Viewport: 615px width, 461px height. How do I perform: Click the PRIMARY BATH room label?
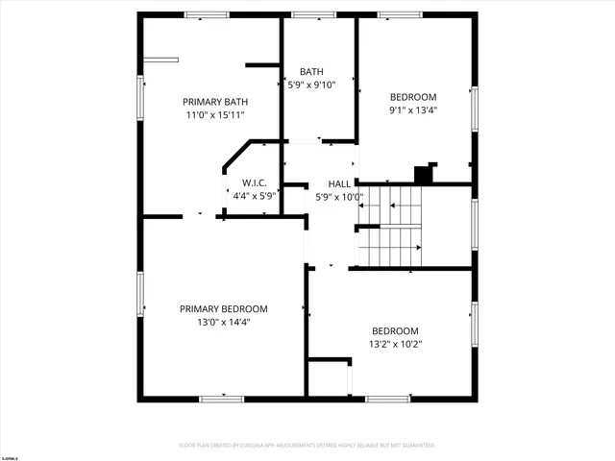coord(215,102)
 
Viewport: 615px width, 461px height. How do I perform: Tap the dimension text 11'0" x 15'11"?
coord(215,115)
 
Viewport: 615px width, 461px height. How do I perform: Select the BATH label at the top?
coord(311,72)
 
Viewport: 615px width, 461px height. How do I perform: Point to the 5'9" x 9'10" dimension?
coord(312,85)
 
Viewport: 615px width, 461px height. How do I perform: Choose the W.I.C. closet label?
coord(255,182)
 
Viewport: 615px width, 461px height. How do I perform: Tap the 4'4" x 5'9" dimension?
coord(255,196)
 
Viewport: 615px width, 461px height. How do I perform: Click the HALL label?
coord(339,184)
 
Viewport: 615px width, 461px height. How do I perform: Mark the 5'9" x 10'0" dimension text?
coord(339,198)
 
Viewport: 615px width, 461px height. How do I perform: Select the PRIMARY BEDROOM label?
coord(224,309)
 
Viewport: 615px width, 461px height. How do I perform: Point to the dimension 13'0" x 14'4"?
coord(224,323)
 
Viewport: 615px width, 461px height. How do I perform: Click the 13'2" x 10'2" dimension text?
coord(395,344)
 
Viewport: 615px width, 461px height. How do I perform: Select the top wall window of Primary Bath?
coord(207,15)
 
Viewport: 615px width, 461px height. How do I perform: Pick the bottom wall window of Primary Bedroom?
coord(221,399)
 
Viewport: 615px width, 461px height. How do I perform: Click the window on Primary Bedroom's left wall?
coord(141,293)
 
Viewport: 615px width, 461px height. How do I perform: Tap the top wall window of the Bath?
coord(307,15)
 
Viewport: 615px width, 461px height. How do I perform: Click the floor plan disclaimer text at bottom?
coord(307,446)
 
